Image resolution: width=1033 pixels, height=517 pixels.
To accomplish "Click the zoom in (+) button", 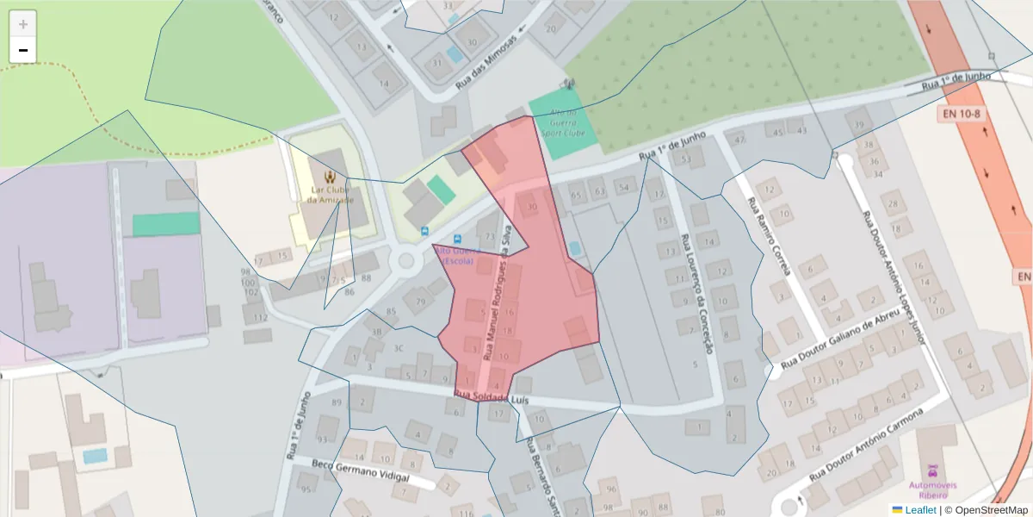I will coord(23,24).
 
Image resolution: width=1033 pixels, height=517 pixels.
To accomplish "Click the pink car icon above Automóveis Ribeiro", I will coord(931,471).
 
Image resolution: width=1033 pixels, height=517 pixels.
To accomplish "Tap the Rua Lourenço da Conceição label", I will coord(697,293).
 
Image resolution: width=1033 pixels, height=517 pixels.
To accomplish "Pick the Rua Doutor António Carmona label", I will coord(866,445).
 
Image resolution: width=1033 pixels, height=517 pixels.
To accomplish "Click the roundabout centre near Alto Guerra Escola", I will coord(407,261).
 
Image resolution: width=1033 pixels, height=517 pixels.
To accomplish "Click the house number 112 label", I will coord(260,318).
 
